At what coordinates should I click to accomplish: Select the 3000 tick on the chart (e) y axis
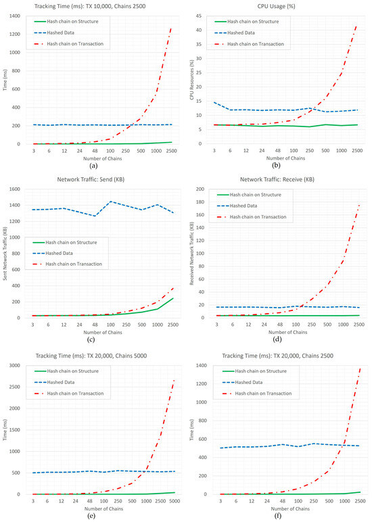14,365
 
